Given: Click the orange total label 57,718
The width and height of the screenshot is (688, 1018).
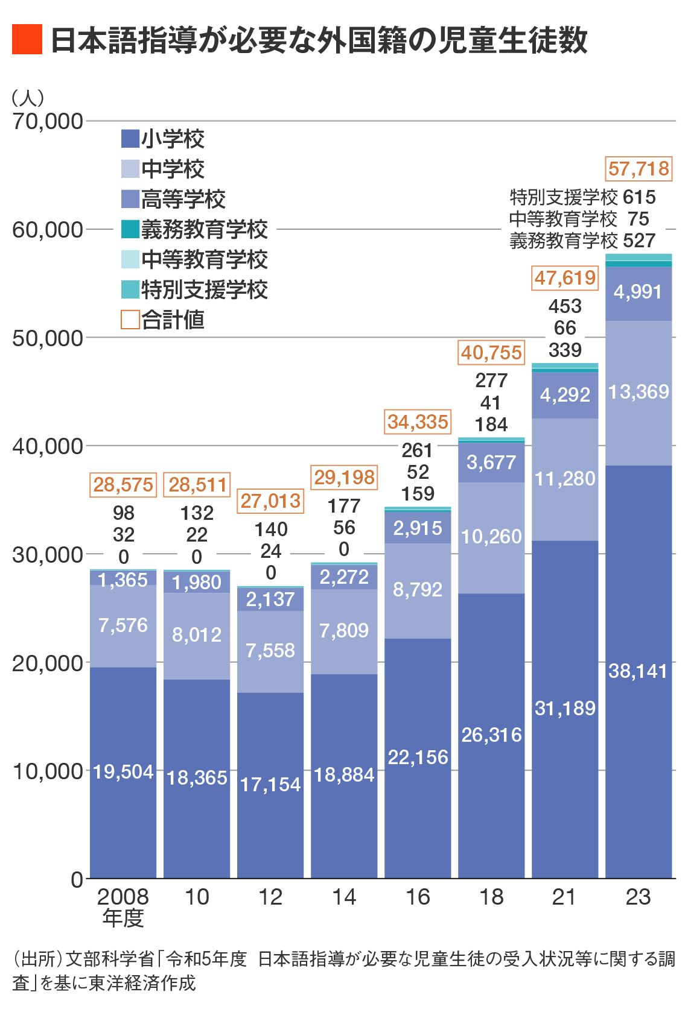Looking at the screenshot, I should [639, 168].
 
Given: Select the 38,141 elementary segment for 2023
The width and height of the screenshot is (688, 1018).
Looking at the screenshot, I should [638, 671].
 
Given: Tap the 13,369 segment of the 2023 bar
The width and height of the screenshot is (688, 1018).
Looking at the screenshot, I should [638, 392].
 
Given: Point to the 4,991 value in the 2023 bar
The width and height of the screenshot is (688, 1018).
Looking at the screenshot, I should [638, 292].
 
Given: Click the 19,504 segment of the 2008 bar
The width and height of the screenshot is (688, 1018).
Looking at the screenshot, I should [123, 771].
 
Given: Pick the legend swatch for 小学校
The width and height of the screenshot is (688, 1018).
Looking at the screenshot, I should [130, 139].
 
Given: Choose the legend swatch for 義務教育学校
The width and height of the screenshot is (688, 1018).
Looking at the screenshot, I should [130, 229].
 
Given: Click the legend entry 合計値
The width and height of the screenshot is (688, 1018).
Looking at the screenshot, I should [163, 320].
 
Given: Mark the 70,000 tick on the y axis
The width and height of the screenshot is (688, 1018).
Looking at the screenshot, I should [47, 121].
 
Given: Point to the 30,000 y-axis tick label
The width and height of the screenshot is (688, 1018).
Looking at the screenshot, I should [47, 554].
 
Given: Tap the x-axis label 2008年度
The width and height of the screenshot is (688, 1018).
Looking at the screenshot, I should [123, 906].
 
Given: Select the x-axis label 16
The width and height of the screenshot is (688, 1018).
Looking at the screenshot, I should [418, 897].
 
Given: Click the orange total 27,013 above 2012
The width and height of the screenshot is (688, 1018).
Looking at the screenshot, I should [270, 501].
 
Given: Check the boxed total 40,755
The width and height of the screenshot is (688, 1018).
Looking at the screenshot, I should [491, 352].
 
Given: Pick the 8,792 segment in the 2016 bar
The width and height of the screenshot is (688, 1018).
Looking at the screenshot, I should [418, 589].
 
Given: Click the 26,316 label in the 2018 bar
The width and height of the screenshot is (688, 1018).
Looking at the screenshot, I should [491, 735].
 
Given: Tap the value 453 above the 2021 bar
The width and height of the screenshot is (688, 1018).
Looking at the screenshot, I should [565, 306].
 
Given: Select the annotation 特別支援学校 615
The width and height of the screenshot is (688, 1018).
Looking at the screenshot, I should [582, 197].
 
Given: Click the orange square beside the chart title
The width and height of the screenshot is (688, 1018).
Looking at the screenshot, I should [27, 40].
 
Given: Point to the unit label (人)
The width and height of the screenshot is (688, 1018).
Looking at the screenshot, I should [28, 98].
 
